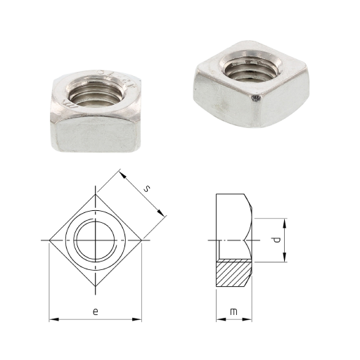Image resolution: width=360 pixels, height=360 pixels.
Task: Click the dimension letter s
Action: pos(146,188)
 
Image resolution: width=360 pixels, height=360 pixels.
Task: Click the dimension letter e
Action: pos(95,311)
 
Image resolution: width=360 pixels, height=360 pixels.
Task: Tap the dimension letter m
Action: pos(233,311)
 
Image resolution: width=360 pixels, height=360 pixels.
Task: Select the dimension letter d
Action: pos(277,240)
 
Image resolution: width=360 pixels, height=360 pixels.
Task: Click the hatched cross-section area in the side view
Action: pos(234,273)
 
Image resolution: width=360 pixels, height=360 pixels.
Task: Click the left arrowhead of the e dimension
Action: pos(53,319)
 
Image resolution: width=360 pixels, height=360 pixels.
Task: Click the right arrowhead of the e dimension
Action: pos(137,319)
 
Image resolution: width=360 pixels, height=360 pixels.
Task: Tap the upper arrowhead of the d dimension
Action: pos(285,223)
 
